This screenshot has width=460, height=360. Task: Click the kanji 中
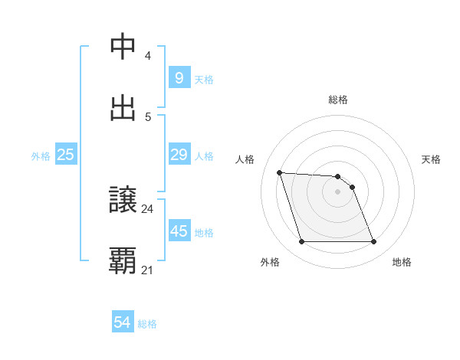(x=123, y=47)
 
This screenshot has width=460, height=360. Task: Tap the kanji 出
(x=123, y=108)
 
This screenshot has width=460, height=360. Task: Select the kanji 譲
(x=123, y=200)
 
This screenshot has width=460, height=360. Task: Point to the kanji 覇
(x=123, y=260)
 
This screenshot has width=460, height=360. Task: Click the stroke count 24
(x=148, y=208)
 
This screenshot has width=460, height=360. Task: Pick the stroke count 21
(x=148, y=270)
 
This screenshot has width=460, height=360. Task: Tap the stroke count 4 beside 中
(x=148, y=56)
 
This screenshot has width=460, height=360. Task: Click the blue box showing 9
(x=179, y=77)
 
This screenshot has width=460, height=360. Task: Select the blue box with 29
(x=179, y=155)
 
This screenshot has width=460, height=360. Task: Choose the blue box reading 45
(x=179, y=231)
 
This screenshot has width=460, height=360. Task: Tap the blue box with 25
(x=65, y=155)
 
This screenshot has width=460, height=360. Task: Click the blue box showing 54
(x=122, y=322)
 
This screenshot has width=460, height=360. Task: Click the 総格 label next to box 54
(x=147, y=324)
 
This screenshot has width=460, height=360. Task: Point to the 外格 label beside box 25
(x=41, y=156)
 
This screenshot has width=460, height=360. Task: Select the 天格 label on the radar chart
(x=431, y=159)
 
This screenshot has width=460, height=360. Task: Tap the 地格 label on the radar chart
(x=402, y=262)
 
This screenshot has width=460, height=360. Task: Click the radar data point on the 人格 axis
(x=279, y=172)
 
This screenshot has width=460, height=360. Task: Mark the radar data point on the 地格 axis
(x=373, y=242)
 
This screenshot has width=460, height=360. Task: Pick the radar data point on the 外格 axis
(x=301, y=242)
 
